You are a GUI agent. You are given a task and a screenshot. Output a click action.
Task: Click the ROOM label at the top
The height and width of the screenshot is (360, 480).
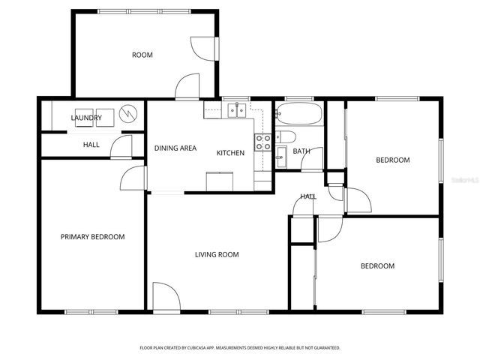(142, 55)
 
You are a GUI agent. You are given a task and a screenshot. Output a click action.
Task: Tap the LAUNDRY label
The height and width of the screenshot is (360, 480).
(86, 118)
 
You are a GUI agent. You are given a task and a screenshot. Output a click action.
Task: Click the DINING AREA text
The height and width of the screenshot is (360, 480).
(175, 148)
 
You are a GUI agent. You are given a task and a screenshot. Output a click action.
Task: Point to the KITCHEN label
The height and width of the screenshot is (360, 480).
(230, 153)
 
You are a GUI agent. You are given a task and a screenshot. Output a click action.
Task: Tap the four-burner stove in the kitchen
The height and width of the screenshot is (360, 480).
(263, 142)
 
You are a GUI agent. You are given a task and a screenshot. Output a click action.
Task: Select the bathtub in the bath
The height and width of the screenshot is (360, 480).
(298, 115)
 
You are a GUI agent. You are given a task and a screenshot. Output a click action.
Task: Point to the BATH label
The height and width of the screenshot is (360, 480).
(301, 151)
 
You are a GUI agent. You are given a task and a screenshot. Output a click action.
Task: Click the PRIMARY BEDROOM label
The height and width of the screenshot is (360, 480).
(92, 237)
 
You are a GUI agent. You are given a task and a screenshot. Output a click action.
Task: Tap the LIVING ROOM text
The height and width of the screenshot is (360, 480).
(217, 255)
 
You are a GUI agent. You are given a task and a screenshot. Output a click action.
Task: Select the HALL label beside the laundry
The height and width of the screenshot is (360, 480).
(91, 145)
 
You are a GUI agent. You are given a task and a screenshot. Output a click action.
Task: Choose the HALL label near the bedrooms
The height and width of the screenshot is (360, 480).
(308, 196)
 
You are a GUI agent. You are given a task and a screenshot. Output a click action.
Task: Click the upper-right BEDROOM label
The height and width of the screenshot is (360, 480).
(392, 160)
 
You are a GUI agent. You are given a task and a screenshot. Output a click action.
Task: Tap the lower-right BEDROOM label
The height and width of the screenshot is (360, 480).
(377, 266)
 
